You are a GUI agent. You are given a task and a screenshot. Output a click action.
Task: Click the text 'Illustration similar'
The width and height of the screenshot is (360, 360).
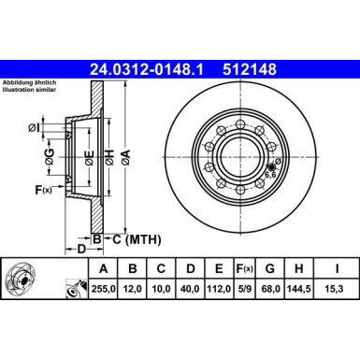click(31, 92)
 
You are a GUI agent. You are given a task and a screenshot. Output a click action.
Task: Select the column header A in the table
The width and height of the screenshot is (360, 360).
click(96, 273)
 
